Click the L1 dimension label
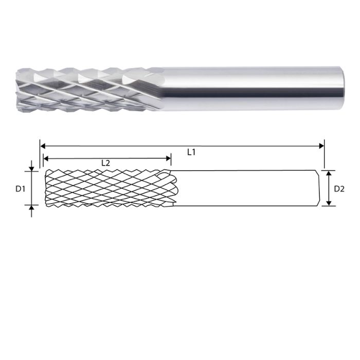tap(191, 152)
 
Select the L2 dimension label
tap(105, 163)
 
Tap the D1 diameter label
tap(20, 189)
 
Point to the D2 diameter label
tap(339, 189)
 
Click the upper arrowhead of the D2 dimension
tap(329, 173)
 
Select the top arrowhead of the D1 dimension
tap(32, 168)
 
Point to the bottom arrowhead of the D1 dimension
tap(32, 208)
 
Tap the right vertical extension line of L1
tap(324, 154)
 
